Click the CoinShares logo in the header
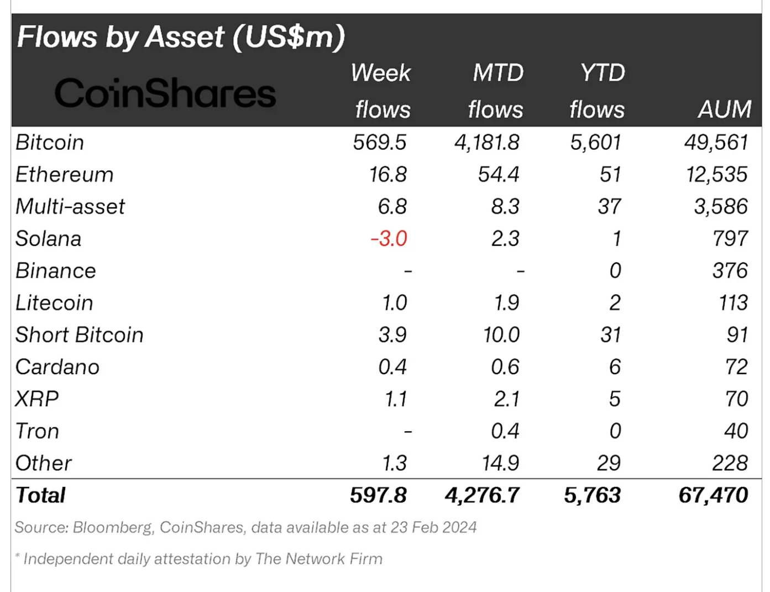point(165,93)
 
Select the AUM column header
point(724,109)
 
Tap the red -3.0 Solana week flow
point(389,239)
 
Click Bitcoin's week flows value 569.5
point(380,143)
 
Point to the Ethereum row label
point(64,175)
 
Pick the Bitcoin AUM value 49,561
point(716,143)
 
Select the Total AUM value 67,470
point(713,495)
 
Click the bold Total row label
point(40,495)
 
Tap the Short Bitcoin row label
point(79,335)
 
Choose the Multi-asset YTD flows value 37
point(609,207)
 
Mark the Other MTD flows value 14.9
point(500,463)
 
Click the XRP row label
point(36,399)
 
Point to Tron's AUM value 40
point(736,431)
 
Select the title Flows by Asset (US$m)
point(181,37)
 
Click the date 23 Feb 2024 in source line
point(433,527)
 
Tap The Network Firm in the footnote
point(318,559)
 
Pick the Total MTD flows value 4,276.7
point(482,495)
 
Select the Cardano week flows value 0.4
point(392,367)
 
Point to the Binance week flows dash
point(408,271)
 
